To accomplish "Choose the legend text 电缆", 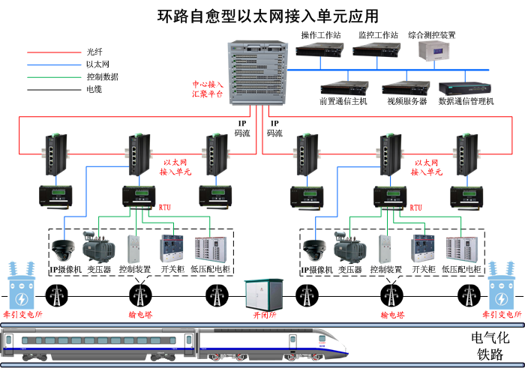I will tap(94, 89).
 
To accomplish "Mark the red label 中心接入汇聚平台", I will tap(208, 90).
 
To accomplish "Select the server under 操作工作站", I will tap(319, 50).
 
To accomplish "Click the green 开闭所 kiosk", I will tap(262, 293).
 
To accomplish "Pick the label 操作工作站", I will tap(320, 34).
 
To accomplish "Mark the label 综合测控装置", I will tap(432, 34).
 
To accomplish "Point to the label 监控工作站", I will tap(378, 34).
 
